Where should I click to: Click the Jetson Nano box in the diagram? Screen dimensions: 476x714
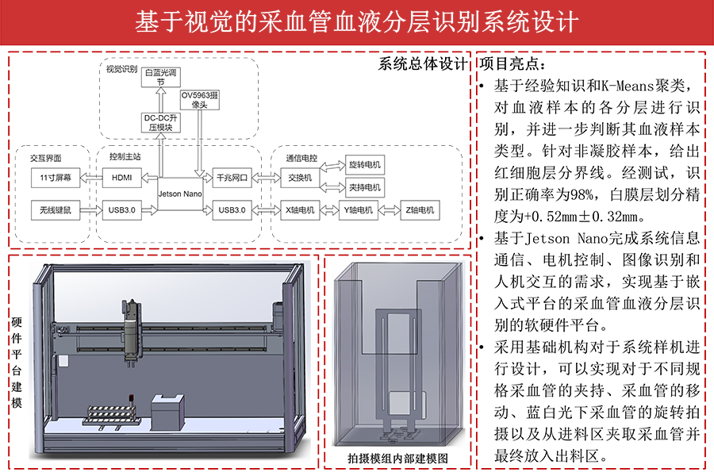(179, 193)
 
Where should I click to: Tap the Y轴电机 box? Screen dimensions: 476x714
(358, 210)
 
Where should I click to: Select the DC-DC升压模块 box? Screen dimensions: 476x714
(160, 122)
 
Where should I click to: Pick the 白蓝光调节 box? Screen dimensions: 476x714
(160, 77)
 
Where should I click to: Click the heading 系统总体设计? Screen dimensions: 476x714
(422, 64)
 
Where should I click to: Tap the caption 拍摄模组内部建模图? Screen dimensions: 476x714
(398, 459)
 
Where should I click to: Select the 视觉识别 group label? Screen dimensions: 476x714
(121, 69)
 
